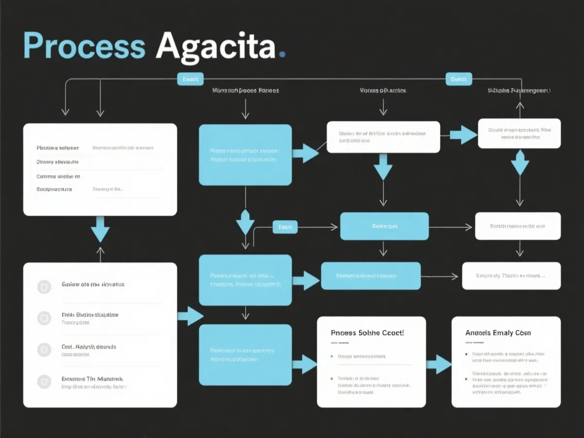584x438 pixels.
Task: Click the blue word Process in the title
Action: (84, 46)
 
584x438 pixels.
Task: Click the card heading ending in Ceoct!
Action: (367, 333)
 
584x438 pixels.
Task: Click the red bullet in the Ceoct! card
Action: (332, 378)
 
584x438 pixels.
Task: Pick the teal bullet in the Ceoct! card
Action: (332, 356)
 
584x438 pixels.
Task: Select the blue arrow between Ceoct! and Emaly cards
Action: (438, 364)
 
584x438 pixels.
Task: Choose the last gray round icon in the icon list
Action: (44, 381)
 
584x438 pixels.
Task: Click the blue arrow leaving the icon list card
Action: (190, 316)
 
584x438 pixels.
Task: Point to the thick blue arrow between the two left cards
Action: (100, 228)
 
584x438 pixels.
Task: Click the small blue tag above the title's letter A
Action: (190, 79)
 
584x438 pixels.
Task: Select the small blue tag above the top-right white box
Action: (458, 79)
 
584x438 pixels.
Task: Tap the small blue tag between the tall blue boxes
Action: (285, 227)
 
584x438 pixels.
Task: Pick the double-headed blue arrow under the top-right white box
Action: (520, 163)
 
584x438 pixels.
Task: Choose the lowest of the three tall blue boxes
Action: (245, 355)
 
